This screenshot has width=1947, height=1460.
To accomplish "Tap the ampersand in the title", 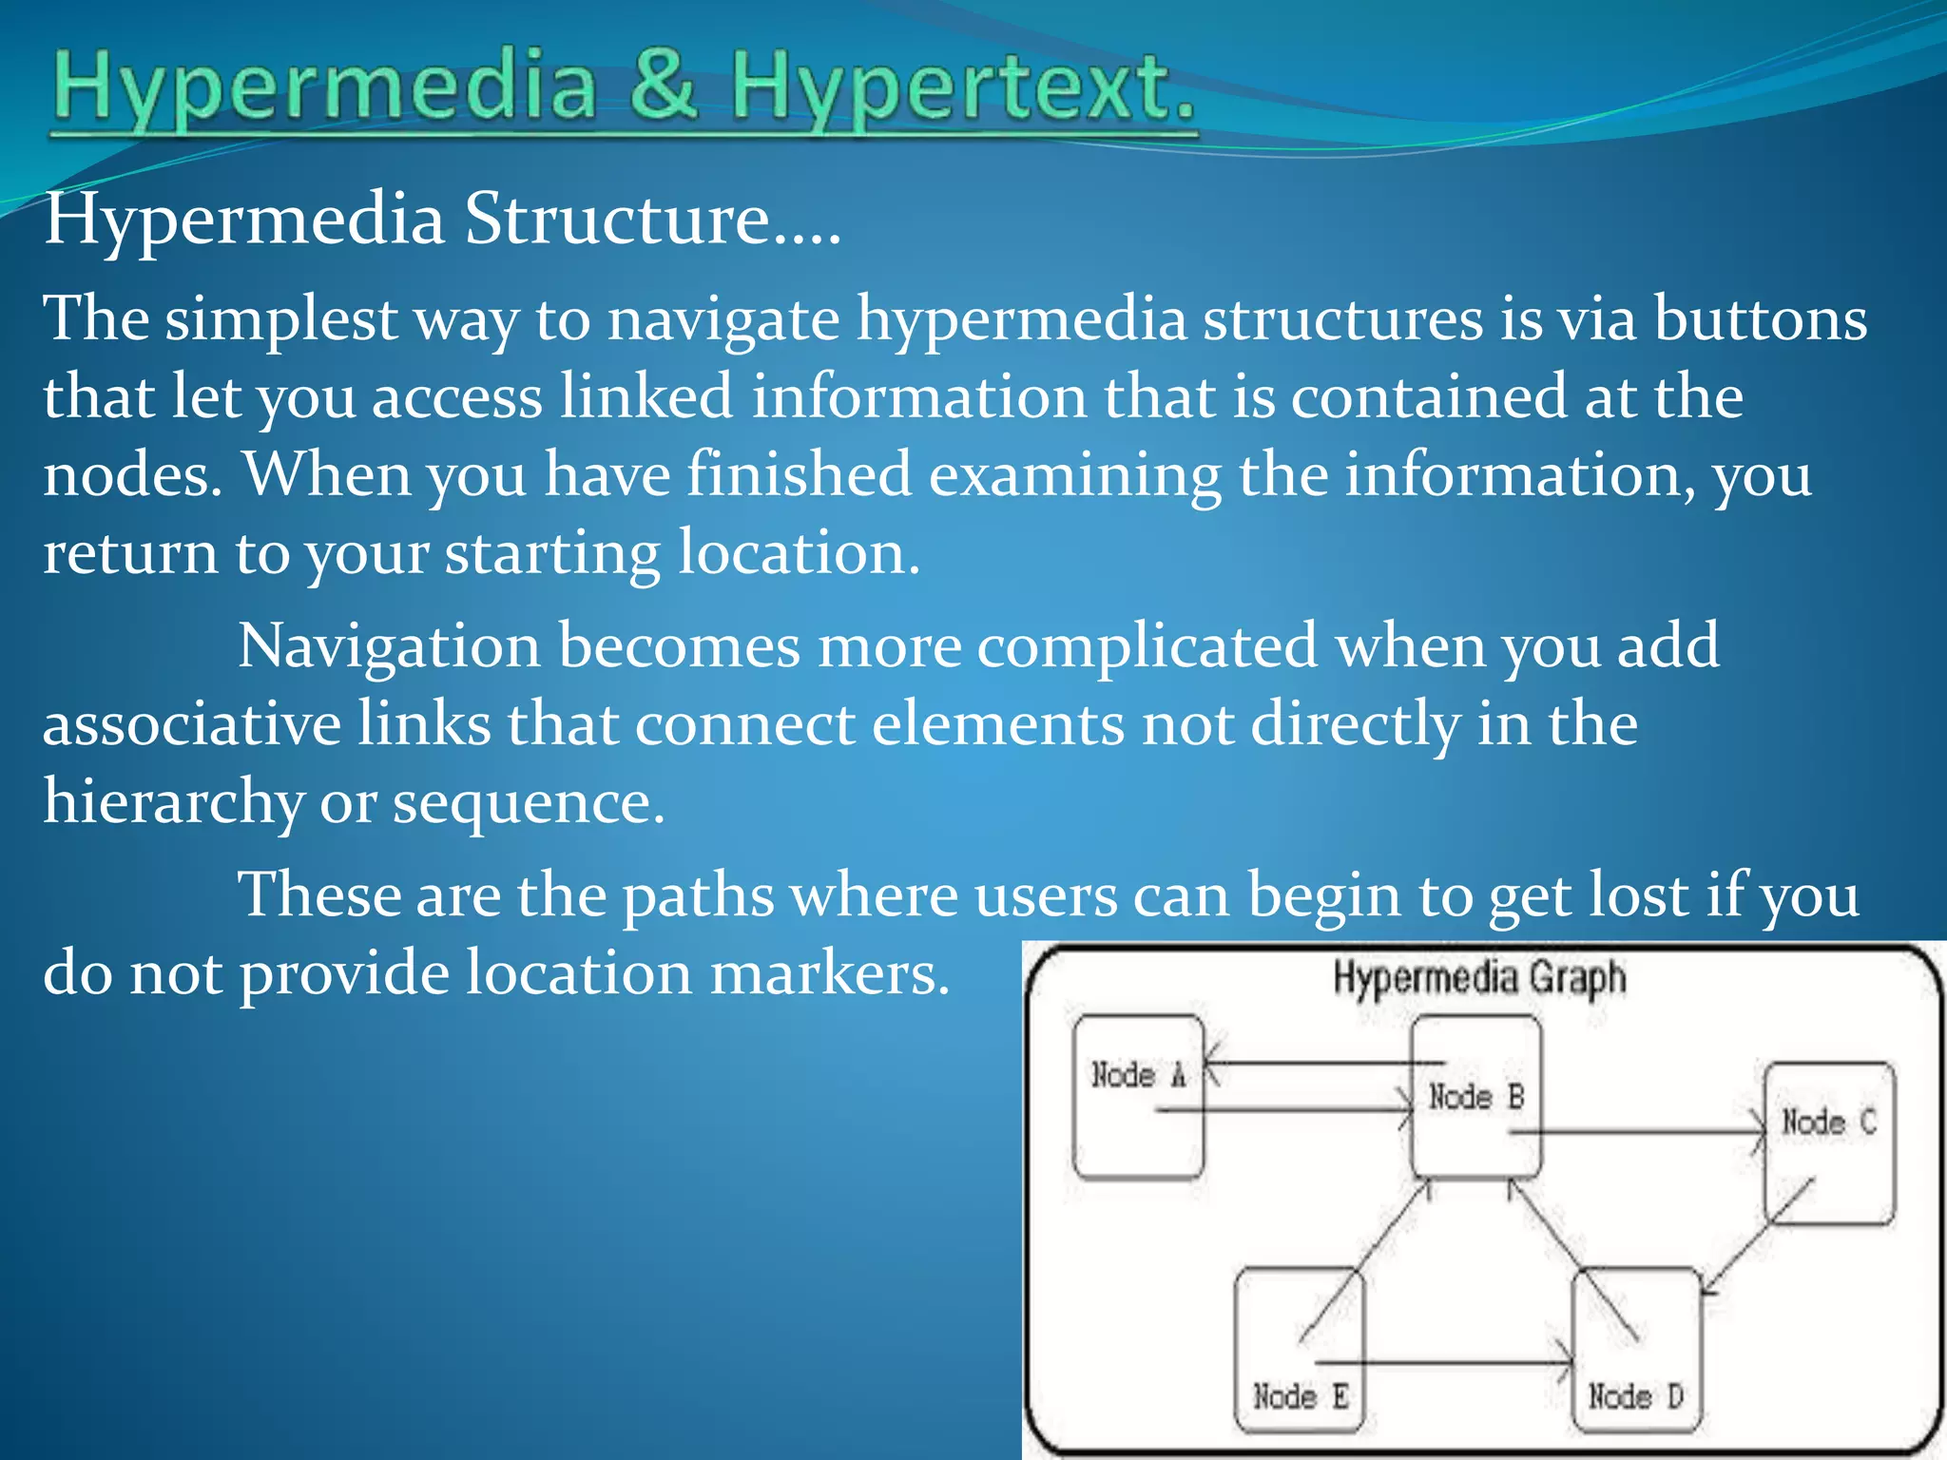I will [x=662, y=86].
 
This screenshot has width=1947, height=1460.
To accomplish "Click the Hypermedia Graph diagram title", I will [x=1479, y=978].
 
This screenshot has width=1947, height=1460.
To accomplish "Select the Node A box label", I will [x=1138, y=1075].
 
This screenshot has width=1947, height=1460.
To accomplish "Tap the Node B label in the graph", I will [x=1476, y=1097].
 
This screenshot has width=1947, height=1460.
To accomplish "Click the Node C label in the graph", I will [x=1828, y=1123].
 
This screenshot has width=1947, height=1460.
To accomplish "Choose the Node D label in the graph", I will [x=1635, y=1396].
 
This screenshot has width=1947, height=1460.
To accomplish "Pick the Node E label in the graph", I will [x=1300, y=1396].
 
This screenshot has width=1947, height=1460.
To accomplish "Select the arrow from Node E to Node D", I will [x=1445, y=1365].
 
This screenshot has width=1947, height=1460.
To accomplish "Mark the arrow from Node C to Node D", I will [x=1759, y=1236].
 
